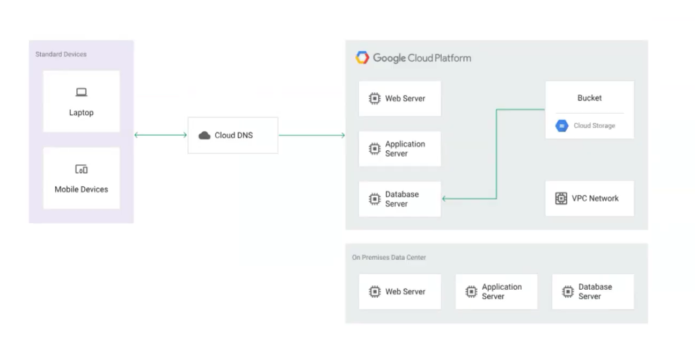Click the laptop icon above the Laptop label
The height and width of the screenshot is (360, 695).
coord(81,92)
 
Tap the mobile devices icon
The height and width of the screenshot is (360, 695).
coord(81,169)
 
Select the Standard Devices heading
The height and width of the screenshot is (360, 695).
coord(61,54)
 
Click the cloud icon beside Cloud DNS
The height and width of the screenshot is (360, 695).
coord(204,135)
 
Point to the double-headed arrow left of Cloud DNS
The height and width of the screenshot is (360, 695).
coord(160,135)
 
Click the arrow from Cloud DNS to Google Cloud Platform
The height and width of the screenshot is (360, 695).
coord(312,135)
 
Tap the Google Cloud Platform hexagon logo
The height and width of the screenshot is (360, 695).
coord(362,57)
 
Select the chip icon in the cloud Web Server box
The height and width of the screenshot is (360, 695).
coord(375,99)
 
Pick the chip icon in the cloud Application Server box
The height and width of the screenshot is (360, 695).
coord(375,149)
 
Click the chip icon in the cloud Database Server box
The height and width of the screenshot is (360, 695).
coord(375,199)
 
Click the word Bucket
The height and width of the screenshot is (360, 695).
coord(589,98)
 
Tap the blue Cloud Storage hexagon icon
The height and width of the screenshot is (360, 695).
coord(561,126)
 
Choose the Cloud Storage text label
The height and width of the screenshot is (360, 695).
coord(594,126)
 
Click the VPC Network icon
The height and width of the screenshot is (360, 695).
coord(561,199)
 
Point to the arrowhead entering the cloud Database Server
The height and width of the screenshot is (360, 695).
coord(444,199)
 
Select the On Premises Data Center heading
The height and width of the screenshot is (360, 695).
coord(389,258)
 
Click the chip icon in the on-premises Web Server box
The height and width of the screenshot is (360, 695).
coord(375,291)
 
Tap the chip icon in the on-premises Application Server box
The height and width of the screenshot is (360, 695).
coord(471,291)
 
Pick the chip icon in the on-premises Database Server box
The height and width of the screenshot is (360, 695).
coord(568,291)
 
